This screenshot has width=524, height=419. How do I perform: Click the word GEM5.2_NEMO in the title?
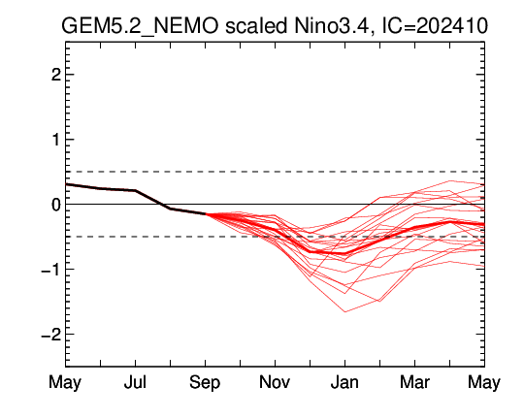pyautogui.click(x=140, y=26)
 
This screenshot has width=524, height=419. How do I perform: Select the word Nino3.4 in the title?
pyautogui.click(x=331, y=26)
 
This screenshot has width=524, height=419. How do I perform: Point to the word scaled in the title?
pyautogui.click(x=255, y=26)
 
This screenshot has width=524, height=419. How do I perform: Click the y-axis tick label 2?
pyautogui.click(x=56, y=75)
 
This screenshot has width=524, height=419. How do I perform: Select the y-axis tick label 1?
pyautogui.click(x=56, y=140)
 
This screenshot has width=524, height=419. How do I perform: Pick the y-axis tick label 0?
pyautogui.click(x=56, y=205)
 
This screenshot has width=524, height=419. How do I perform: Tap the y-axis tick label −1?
pyautogui.click(x=51, y=270)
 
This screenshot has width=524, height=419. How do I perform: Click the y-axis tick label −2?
pyautogui.click(x=51, y=334)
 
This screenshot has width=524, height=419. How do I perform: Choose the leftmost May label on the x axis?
pyautogui.click(x=65, y=382)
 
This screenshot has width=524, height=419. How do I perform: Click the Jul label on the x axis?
pyautogui.click(x=135, y=382)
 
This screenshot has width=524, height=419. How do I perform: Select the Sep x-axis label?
pyautogui.click(x=205, y=382)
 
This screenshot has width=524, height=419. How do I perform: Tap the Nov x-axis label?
pyautogui.click(x=275, y=382)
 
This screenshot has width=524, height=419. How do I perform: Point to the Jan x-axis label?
pyautogui.click(x=344, y=382)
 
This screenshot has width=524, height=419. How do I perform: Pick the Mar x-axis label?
pyautogui.click(x=414, y=382)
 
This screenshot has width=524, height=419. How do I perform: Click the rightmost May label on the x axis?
pyautogui.click(x=484, y=382)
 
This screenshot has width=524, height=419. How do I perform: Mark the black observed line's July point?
pyautogui.click(x=135, y=190)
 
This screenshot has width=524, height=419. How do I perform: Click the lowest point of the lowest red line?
pyautogui.click(x=344, y=311)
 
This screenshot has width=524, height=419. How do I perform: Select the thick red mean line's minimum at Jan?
pyautogui.click(x=344, y=253)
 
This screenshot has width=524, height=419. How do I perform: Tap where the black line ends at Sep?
pyautogui.click(x=205, y=213)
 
